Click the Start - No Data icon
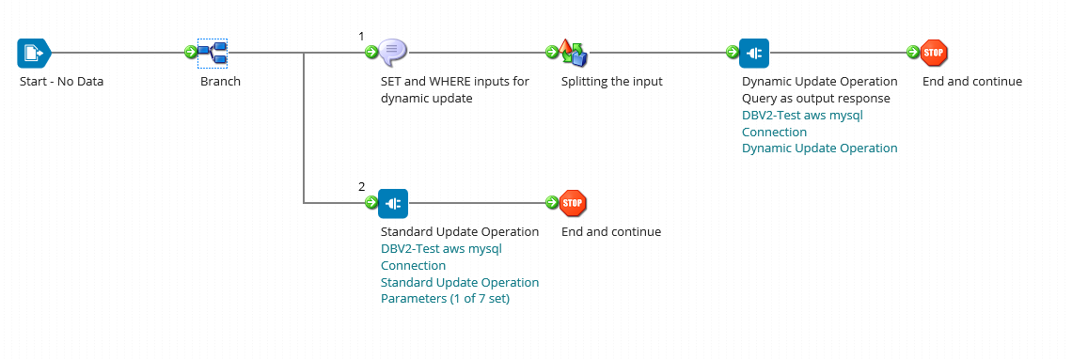pyautogui.click(x=32, y=53)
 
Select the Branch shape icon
pyautogui.click(x=213, y=53)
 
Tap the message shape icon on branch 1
pyautogui.click(x=393, y=53)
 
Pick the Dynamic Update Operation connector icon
pyautogui.click(x=754, y=53)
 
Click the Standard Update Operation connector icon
pyautogui.click(x=393, y=203)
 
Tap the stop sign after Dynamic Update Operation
pyautogui.click(x=934, y=53)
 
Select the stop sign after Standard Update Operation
pyautogui.click(x=573, y=203)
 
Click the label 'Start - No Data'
pyautogui.click(x=61, y=82)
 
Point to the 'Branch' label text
pyautogui.click(x=220, y=82)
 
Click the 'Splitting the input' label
pyautogui.click(x=611, y=82)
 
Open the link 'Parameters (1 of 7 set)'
pyautogui.click(x=445, y=300)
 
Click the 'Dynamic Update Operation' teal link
pyautogui.click(x=819, y=149)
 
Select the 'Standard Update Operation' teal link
pyautogui.click(x=459, y=283)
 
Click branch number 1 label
pyautogui.click(x=361, y=37)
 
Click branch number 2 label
pyautogui.click(x=361, y=187)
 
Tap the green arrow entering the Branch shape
pyautogui.click(x=190, y=53)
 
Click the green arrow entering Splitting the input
pyautogui.click(x=551, y=53)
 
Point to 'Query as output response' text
pyautogui.click(x=815, y=99)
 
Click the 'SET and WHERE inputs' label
pyautogui.click(x=454, y=82)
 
